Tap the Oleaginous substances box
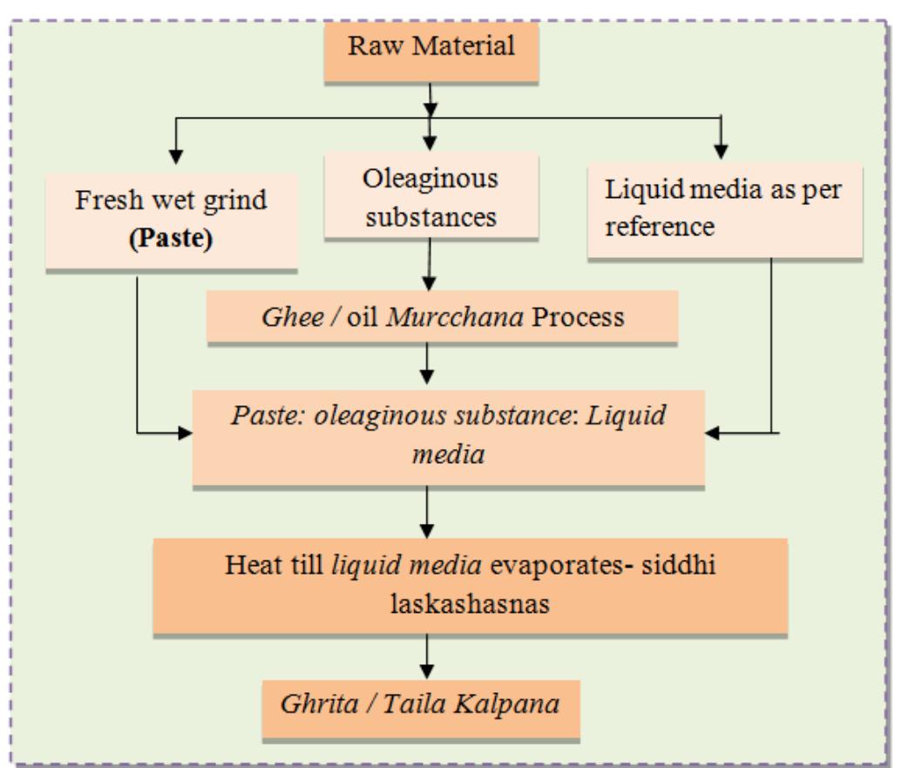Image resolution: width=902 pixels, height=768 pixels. click(x=431, y=197)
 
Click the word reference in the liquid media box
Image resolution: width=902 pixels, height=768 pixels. click(x=661, y=228)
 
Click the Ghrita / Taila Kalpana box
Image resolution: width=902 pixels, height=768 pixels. click(x=420, y=703)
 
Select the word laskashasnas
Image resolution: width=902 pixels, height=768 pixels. click(x=469, y=602)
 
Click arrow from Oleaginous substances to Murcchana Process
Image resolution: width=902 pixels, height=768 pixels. click(x=428, y=265)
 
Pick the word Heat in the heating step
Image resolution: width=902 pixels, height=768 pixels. click(x=253, y=564)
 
